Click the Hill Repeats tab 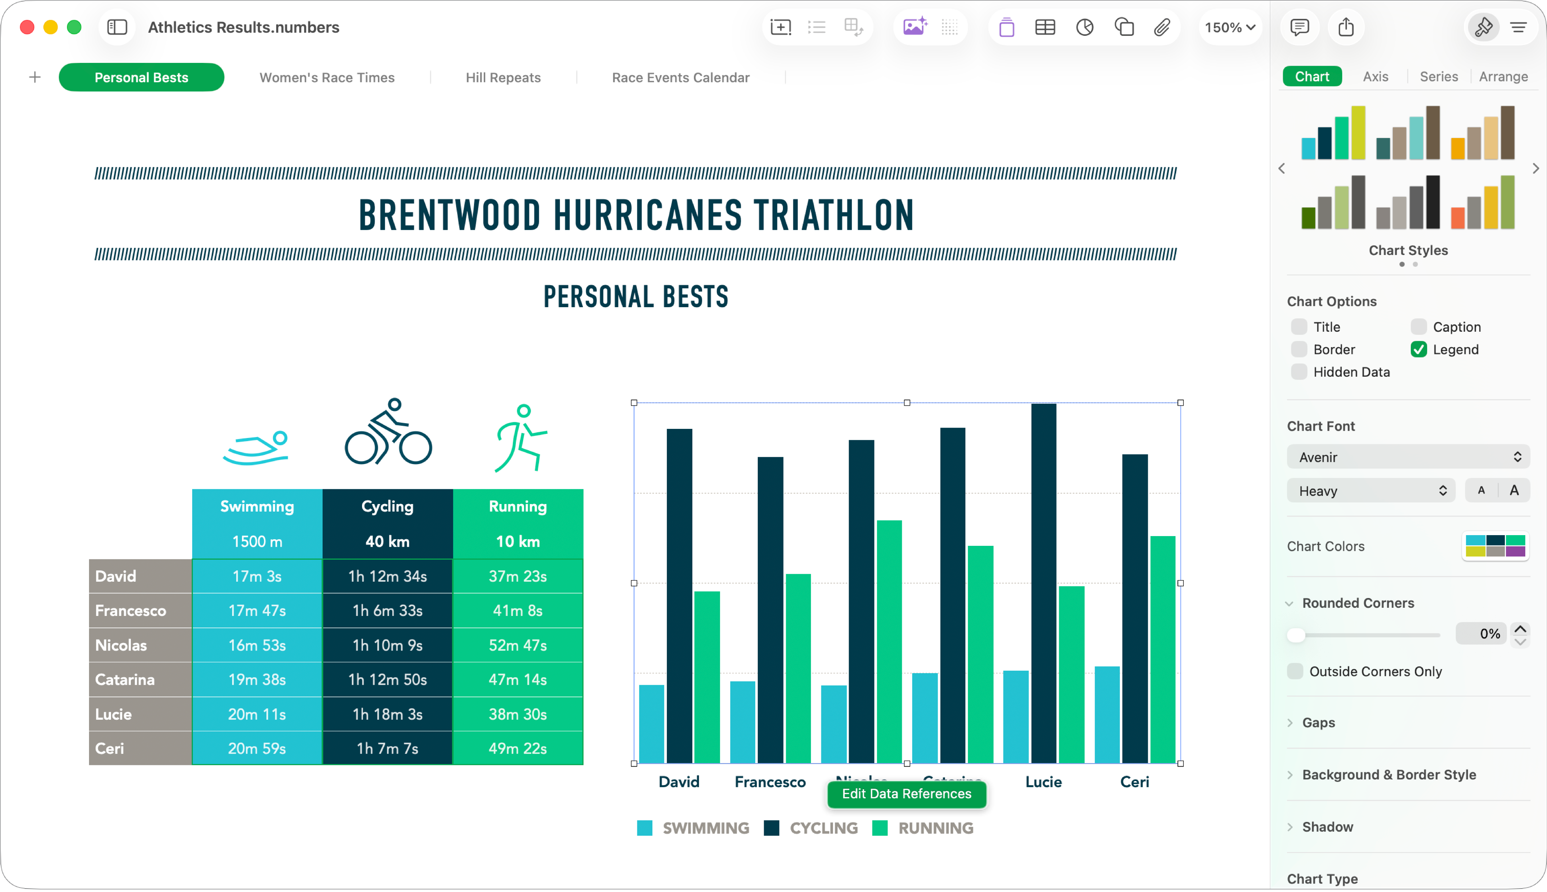point(503,78)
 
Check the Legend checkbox point(1418,349)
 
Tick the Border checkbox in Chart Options point(1299,349)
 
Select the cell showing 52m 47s point(518,645)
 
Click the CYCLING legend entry point(823,828)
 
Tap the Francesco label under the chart point(770,782)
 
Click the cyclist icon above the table point(388,432)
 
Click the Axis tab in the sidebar point(1376,77)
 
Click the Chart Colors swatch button point(1495,546)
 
